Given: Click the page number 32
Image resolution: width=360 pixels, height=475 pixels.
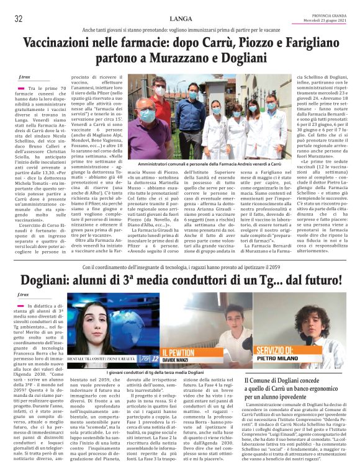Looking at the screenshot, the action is [18, 19].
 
